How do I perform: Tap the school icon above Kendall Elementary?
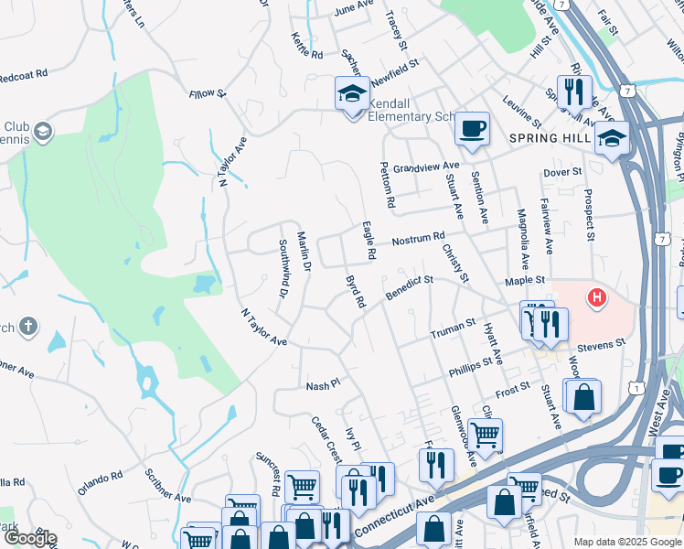click(351, 94)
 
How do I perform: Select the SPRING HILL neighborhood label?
click(546, 138)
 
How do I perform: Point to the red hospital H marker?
click(596, 297)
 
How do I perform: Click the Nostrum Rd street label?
click(418, 241)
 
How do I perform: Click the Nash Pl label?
click(323, 386)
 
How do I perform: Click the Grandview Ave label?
click(427, 167)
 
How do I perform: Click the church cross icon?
click(28, 326)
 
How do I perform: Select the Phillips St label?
click(471, 367)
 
